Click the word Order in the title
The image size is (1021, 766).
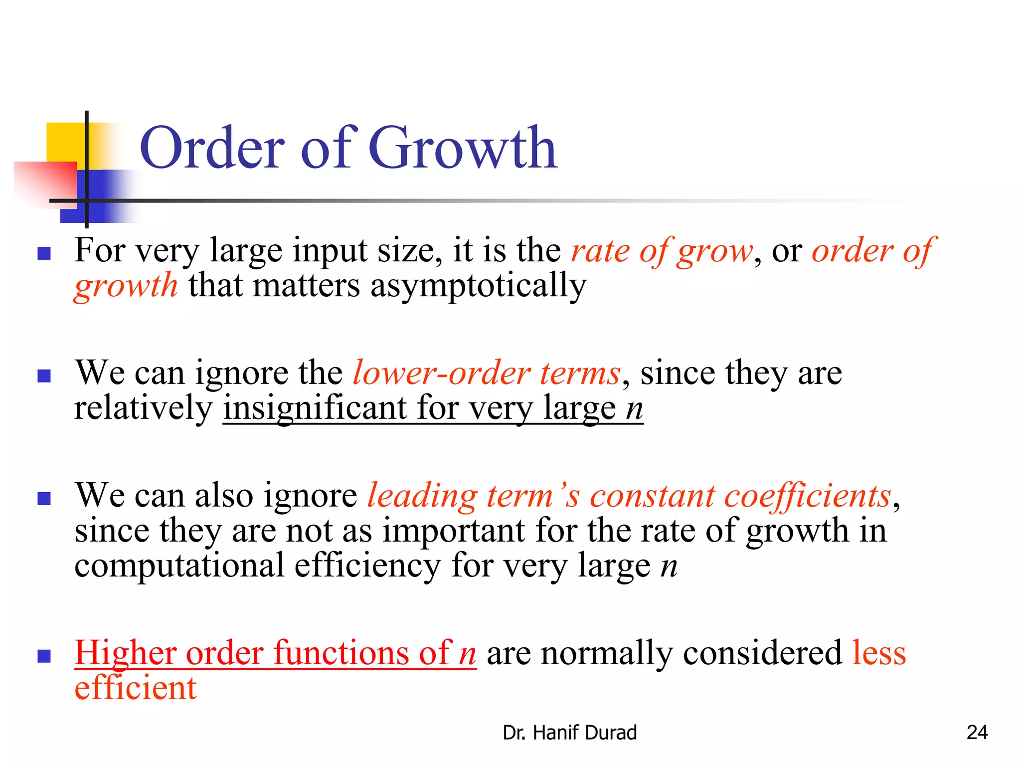tap(212, 149)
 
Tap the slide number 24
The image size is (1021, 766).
tap(977, 733)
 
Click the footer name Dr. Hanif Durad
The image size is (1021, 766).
tap(569, 733)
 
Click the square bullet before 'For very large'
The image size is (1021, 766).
tap(44, 254)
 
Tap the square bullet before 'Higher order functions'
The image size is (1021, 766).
tap(44, 656)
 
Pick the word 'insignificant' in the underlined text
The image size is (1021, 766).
tap(315, 408)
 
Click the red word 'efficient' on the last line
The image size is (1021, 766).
tap(136, 688)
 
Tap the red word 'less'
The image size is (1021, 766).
tap(878, 653)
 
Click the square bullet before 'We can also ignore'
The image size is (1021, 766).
tap(44, 499)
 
